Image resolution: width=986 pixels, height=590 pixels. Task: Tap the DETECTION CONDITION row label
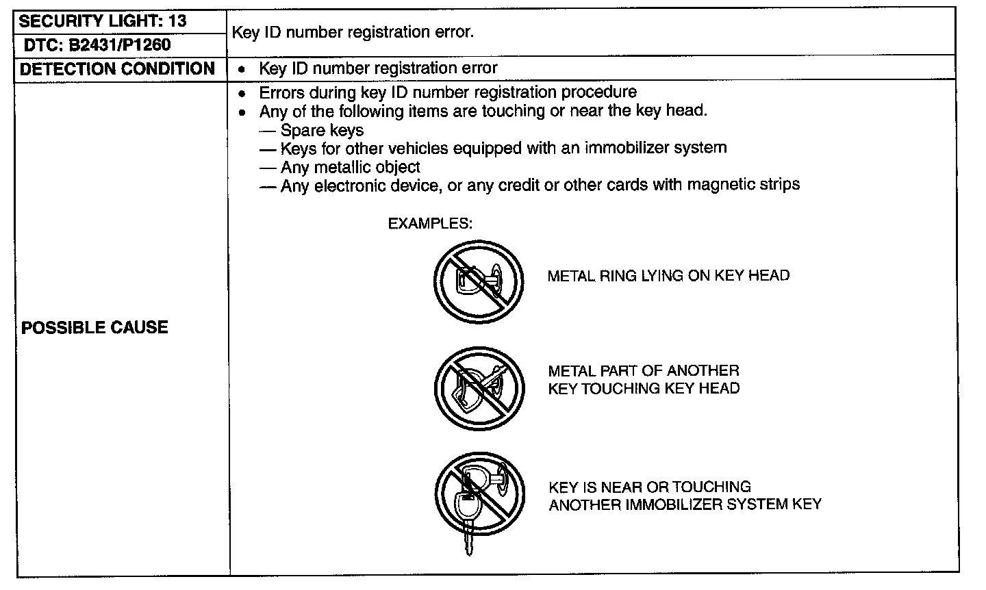[118, 69]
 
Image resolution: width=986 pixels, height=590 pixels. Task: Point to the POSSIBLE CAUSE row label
[94, 327]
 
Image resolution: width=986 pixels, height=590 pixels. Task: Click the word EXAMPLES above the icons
[430, 224]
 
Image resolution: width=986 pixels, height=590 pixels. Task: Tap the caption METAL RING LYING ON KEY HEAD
[668, 276]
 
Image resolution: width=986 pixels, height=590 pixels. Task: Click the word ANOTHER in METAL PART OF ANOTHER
[703, 371]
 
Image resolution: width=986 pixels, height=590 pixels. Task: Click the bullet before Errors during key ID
[241, 94]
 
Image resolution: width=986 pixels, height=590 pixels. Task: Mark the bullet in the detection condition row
[241, 70]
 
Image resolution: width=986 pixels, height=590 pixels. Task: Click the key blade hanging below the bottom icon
[469, 538]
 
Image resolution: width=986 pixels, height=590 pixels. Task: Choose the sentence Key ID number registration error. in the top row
[353, 33]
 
